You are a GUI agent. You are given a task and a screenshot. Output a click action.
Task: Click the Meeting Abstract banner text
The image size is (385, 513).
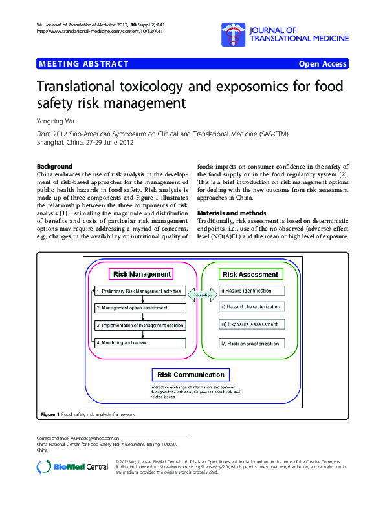(x=84, y=64)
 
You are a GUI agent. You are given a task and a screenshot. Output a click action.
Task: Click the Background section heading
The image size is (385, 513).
(x=55, y=166)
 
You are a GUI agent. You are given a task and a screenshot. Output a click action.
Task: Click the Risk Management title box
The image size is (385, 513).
(x=142, y=274)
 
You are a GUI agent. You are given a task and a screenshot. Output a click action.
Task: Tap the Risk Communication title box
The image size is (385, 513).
(x=190, y=375)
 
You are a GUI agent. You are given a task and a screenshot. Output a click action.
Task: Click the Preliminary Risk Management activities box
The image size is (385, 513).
(x=140, y=291)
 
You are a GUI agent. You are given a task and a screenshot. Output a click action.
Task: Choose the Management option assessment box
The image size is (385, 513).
(x=140, y=308)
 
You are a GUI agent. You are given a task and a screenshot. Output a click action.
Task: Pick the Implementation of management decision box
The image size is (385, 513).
(x=140, y=326)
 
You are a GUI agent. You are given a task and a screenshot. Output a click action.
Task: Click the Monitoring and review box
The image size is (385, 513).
(x=140, y=342)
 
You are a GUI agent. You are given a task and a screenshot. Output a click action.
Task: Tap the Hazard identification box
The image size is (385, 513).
(x=251, y=291)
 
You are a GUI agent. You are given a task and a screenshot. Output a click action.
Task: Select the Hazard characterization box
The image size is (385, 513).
(x=251, y=308)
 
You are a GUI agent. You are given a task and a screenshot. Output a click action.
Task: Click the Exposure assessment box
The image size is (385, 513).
(x=251, y=324)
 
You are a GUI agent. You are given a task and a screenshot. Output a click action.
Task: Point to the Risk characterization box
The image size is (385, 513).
(x=251, y=342)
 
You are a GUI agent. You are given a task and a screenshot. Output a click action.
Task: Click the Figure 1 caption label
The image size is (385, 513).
(x=50, y=414)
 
